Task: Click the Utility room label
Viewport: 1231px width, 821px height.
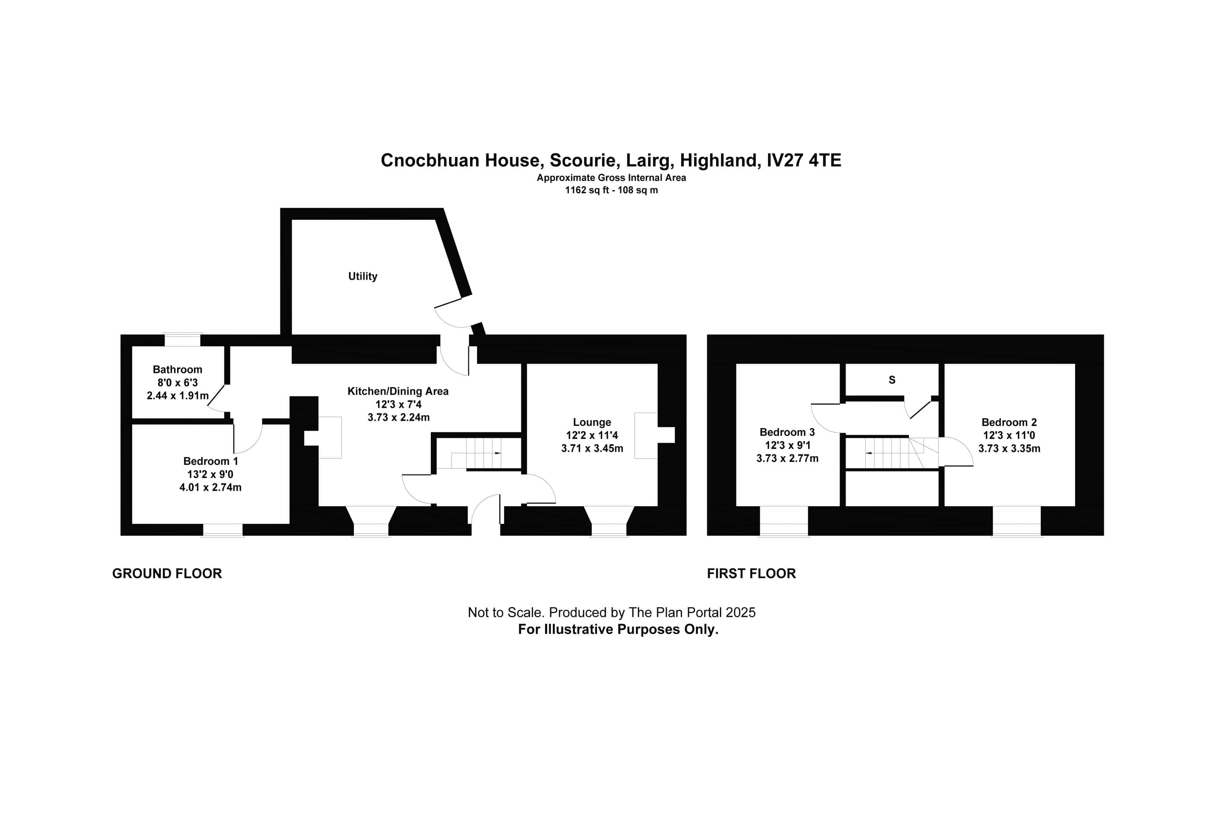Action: pos(363,276)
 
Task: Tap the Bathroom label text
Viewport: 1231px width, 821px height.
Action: pos(177,369)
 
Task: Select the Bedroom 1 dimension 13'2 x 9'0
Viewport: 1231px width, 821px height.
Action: pos(210,474)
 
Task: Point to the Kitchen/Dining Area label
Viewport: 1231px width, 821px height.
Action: pos(398,391)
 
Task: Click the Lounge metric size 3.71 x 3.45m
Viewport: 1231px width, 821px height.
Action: pos(592,448)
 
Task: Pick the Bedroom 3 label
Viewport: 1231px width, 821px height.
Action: pos(787,432)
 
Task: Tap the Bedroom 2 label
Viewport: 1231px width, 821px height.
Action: pos(1009,422)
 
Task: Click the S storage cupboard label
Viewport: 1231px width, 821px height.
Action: pos(892,380)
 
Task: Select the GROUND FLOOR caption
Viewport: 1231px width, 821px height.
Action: pos(167,573)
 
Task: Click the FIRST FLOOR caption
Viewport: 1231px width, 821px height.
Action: pos(751,573)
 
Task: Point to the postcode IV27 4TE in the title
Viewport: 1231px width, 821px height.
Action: pos(804,160)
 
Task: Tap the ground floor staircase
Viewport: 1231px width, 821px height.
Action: pos(476,453)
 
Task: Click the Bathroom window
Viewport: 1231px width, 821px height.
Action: pos(183,339)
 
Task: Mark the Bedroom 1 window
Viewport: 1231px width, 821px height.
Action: pos(223,530)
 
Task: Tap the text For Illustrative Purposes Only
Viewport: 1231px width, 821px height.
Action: pos(618,629)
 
